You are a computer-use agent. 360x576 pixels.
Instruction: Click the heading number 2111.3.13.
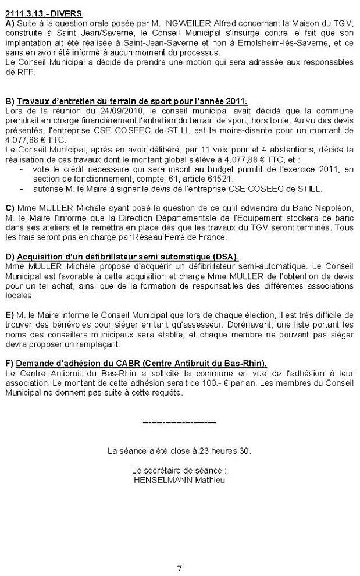[27, 13]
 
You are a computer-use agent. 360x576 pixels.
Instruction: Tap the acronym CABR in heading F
[109, 364]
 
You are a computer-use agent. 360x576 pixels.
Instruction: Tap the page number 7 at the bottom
[180, 567]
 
